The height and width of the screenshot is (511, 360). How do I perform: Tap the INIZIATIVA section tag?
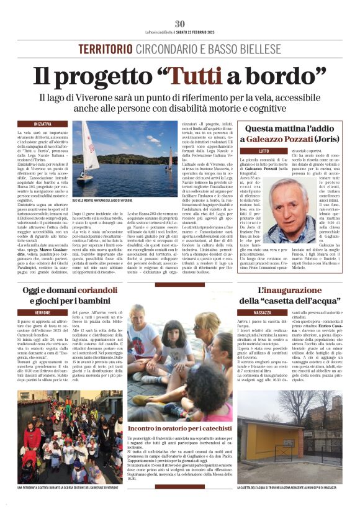point(43,124)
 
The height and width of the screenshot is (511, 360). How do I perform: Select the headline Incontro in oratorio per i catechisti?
point(180,428)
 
